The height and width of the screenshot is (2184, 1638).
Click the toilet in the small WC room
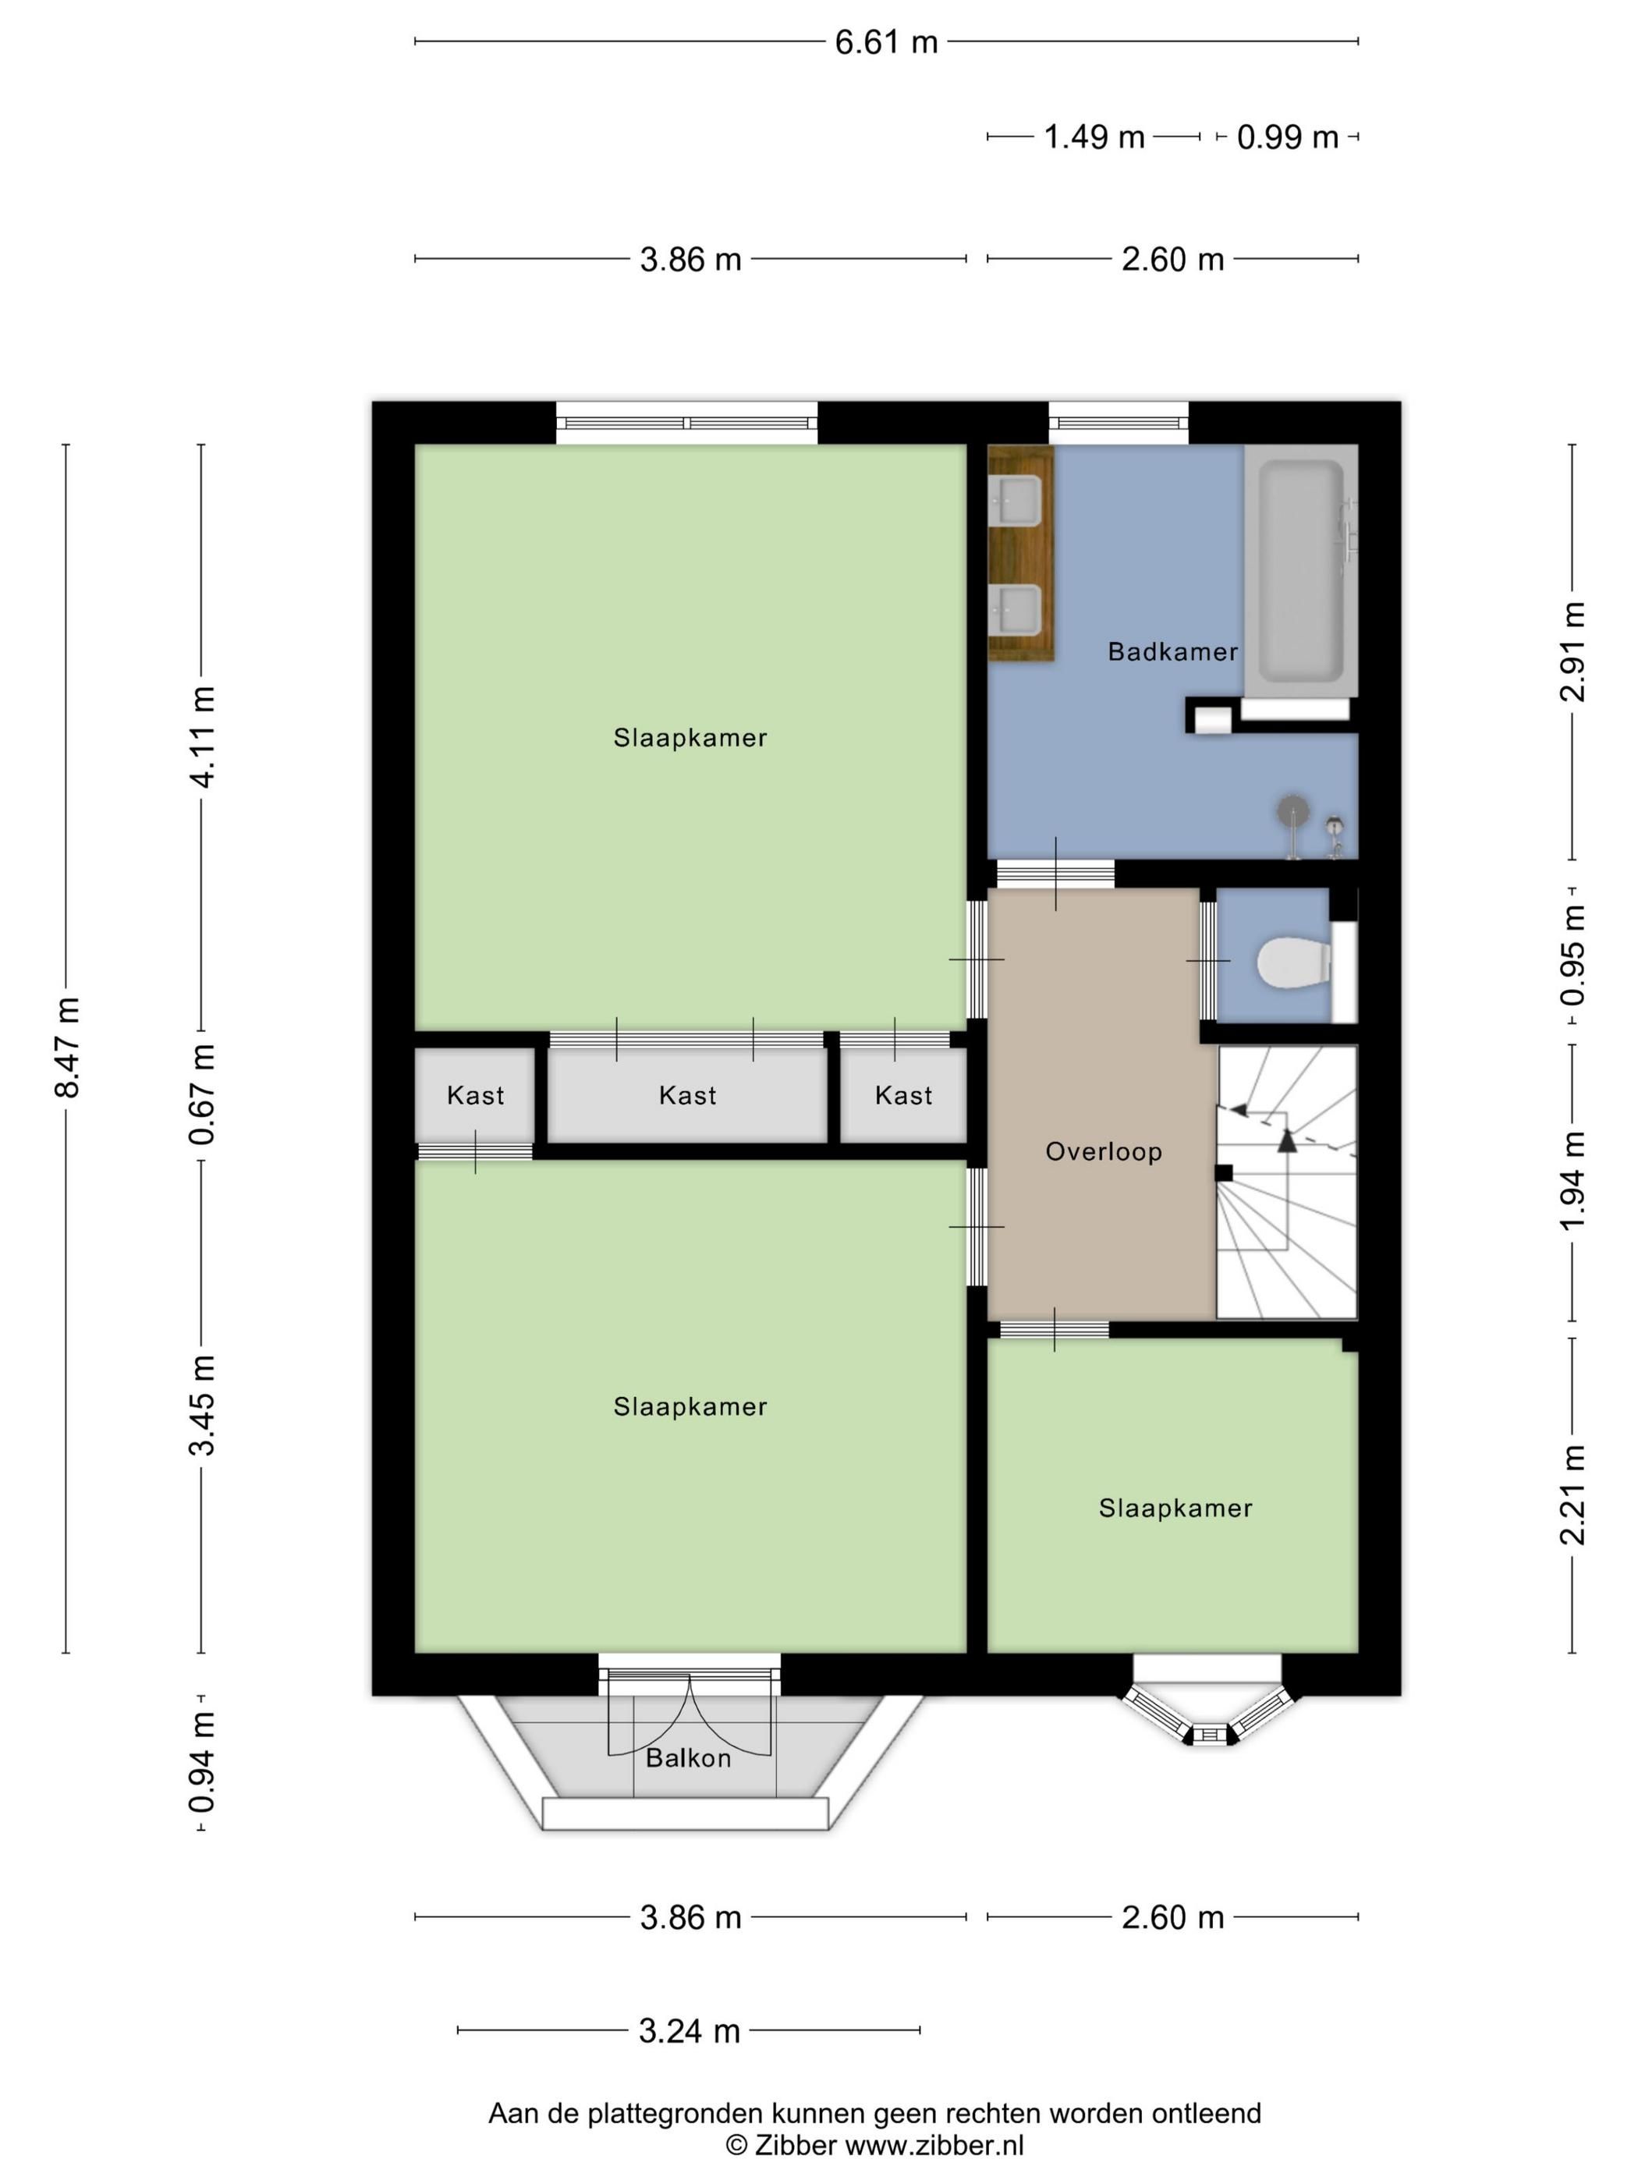point(1293,961)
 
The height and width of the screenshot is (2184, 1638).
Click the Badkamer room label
point(1172,651)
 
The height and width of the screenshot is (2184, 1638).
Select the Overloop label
point(1104,1151)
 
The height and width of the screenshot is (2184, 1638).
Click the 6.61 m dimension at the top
point(885,42)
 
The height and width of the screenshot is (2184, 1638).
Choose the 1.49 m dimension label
point(1094,136)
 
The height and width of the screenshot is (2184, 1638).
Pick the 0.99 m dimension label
point(1288,136)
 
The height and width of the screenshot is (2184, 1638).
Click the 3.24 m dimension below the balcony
point(690,2031)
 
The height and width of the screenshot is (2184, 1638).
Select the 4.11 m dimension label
point(202,736)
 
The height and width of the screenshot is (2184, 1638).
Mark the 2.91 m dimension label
point(1572,651)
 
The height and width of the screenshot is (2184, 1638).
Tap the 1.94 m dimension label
point(1572,1182)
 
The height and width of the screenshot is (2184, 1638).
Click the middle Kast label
point(687,1095)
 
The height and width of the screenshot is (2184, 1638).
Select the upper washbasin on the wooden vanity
point(1014,502)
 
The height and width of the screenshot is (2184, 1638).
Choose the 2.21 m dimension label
point(1572,1494)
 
